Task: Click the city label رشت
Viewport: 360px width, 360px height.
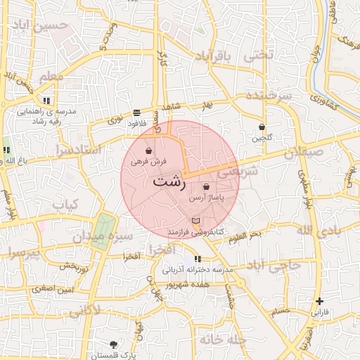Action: click(169, 181)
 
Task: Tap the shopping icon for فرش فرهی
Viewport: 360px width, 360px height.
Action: click(148, 150)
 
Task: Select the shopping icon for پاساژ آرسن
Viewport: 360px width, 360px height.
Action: click(205, 187)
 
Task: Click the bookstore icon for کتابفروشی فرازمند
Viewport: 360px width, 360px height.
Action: click(195, 221)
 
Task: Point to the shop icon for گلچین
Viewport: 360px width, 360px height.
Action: click(262, 127)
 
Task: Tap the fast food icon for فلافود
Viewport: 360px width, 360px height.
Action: click(136, 112)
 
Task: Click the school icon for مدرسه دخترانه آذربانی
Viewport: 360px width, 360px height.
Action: click(198, 259)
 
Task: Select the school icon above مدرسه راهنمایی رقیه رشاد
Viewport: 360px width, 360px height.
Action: click(46, 100)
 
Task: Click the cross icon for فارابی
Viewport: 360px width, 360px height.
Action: click(320, 301)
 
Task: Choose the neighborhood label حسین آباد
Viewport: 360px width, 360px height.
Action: click(41, 27)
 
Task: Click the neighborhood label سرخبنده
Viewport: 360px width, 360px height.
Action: click(269, 95)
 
